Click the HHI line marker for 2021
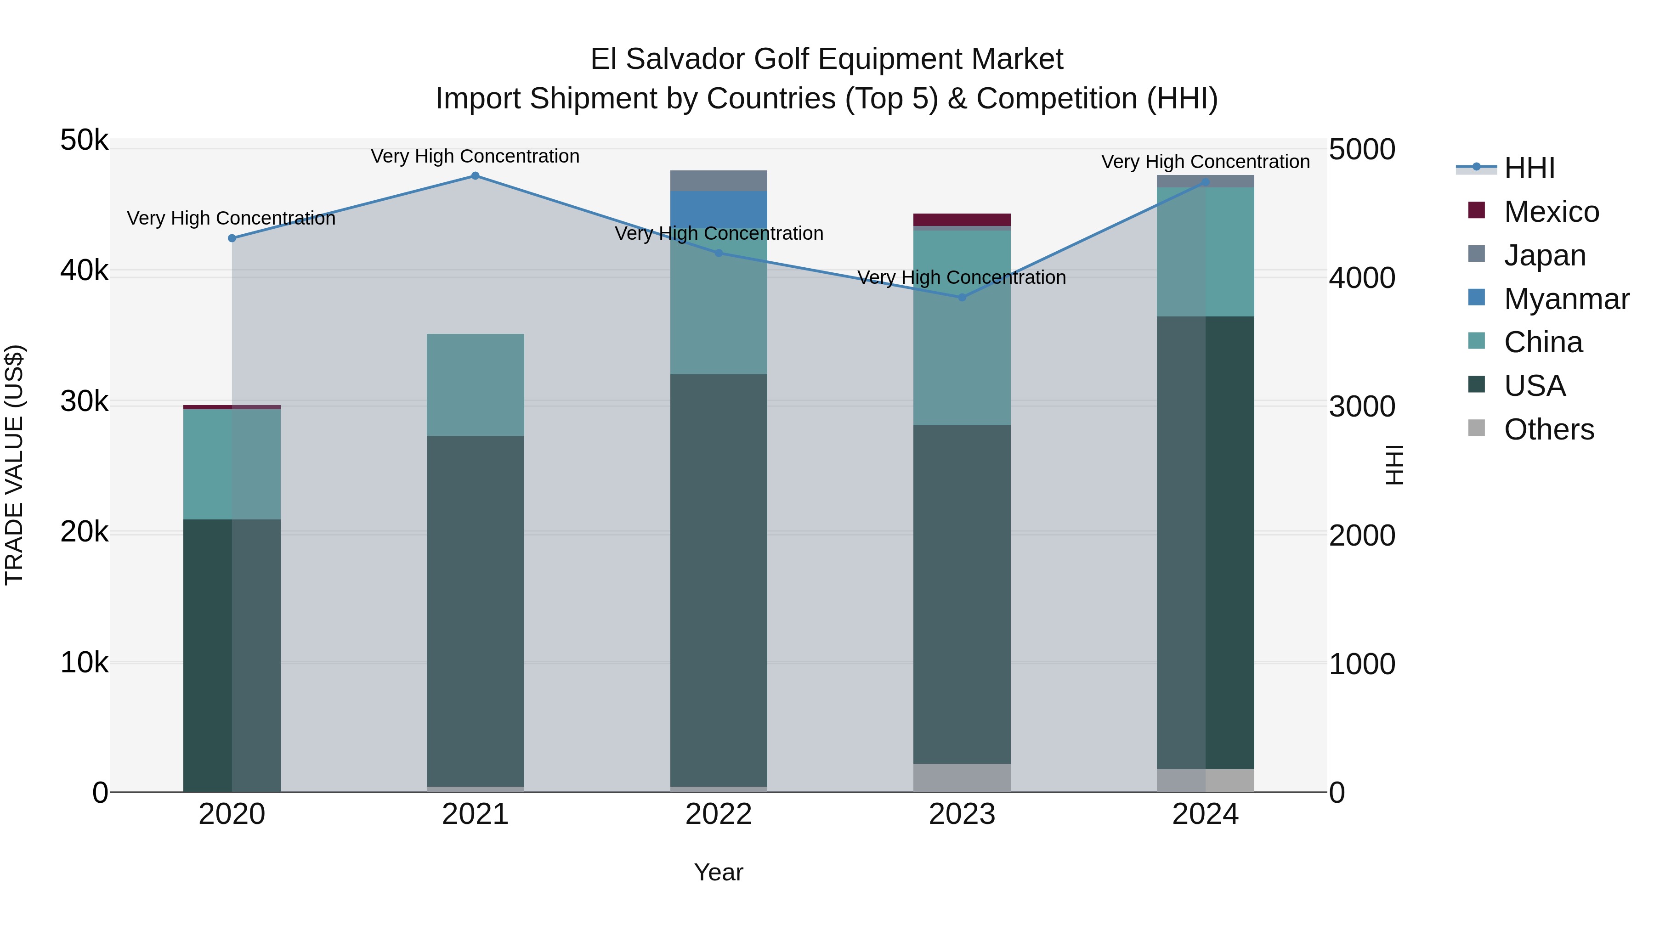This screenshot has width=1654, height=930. (x=475, y=176)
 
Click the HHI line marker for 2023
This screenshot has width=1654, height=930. (x=962, y=297)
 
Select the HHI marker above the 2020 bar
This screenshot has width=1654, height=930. (x=232, y=238)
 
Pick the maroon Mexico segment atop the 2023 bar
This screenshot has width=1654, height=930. (x=962, y=220)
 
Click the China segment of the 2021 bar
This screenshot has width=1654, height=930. (x=475, y=385)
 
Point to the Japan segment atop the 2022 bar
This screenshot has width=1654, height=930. (x=719, y=181)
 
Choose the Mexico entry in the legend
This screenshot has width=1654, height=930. (x=1551, y=212)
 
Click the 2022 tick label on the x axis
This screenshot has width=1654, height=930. (x=719, y=814)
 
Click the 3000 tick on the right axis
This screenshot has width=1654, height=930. (x=1362, y=407)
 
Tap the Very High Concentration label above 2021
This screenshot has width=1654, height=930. (x=475, y=157)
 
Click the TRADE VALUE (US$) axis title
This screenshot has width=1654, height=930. (x=14, y=465)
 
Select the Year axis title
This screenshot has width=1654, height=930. (x=719, y=872)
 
